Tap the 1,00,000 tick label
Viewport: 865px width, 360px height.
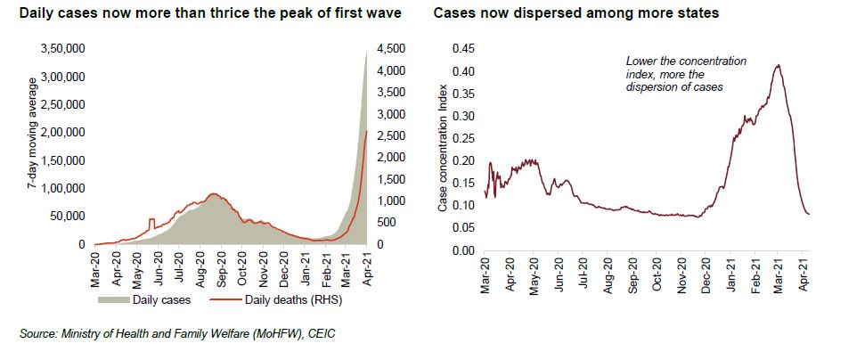(x=61, y=188)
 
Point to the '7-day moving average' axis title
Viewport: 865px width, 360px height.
(x=30, y=146)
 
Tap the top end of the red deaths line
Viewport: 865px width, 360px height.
(x=368, y=132)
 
